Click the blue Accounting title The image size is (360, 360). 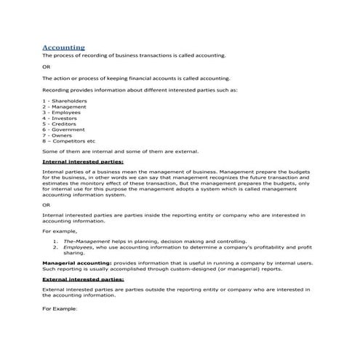coord(63,47)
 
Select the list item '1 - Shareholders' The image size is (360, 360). coord(65,100)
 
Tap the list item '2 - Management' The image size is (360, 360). coord(65,106)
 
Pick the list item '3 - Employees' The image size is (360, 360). coord(62,112)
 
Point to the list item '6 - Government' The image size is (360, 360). coord(63,129)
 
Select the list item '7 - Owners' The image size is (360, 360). coord(57,135)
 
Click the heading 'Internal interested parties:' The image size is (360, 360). coord(83,161)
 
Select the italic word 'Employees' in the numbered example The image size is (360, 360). coord(78,246)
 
